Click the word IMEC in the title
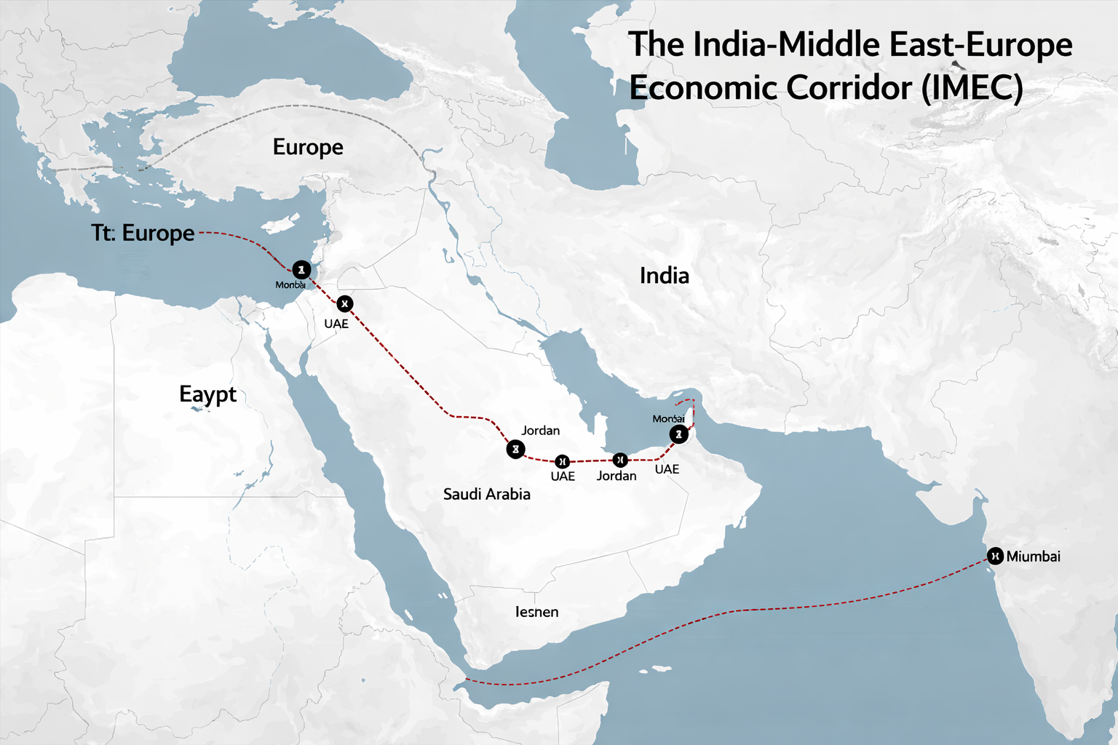pos(972,88)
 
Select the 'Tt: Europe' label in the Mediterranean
pos(143,233)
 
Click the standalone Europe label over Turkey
pos(308,147)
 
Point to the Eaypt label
pos(207,394)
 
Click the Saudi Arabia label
pos(486,495)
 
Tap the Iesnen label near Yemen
pos(536,612)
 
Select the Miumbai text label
pos(1033,557)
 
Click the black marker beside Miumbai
pos(994,556)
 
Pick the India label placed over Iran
pos(664,276)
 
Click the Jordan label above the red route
pos(540,431)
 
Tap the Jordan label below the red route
pos(617,476)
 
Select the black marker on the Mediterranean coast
pos(301,270)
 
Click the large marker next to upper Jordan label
pos(515,450)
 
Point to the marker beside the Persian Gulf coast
pos(678,435)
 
